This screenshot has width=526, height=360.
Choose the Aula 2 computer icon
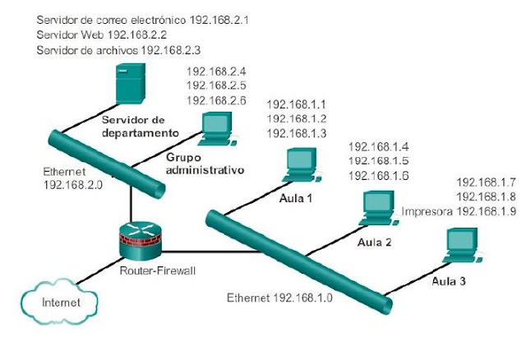click(376, 208)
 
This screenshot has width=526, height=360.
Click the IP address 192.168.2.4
click(216, 72)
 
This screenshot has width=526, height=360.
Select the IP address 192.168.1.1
click(297, 104)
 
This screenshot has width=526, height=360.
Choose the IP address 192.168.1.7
click(486, 182)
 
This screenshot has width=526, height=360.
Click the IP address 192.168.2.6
click(216, 99)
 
